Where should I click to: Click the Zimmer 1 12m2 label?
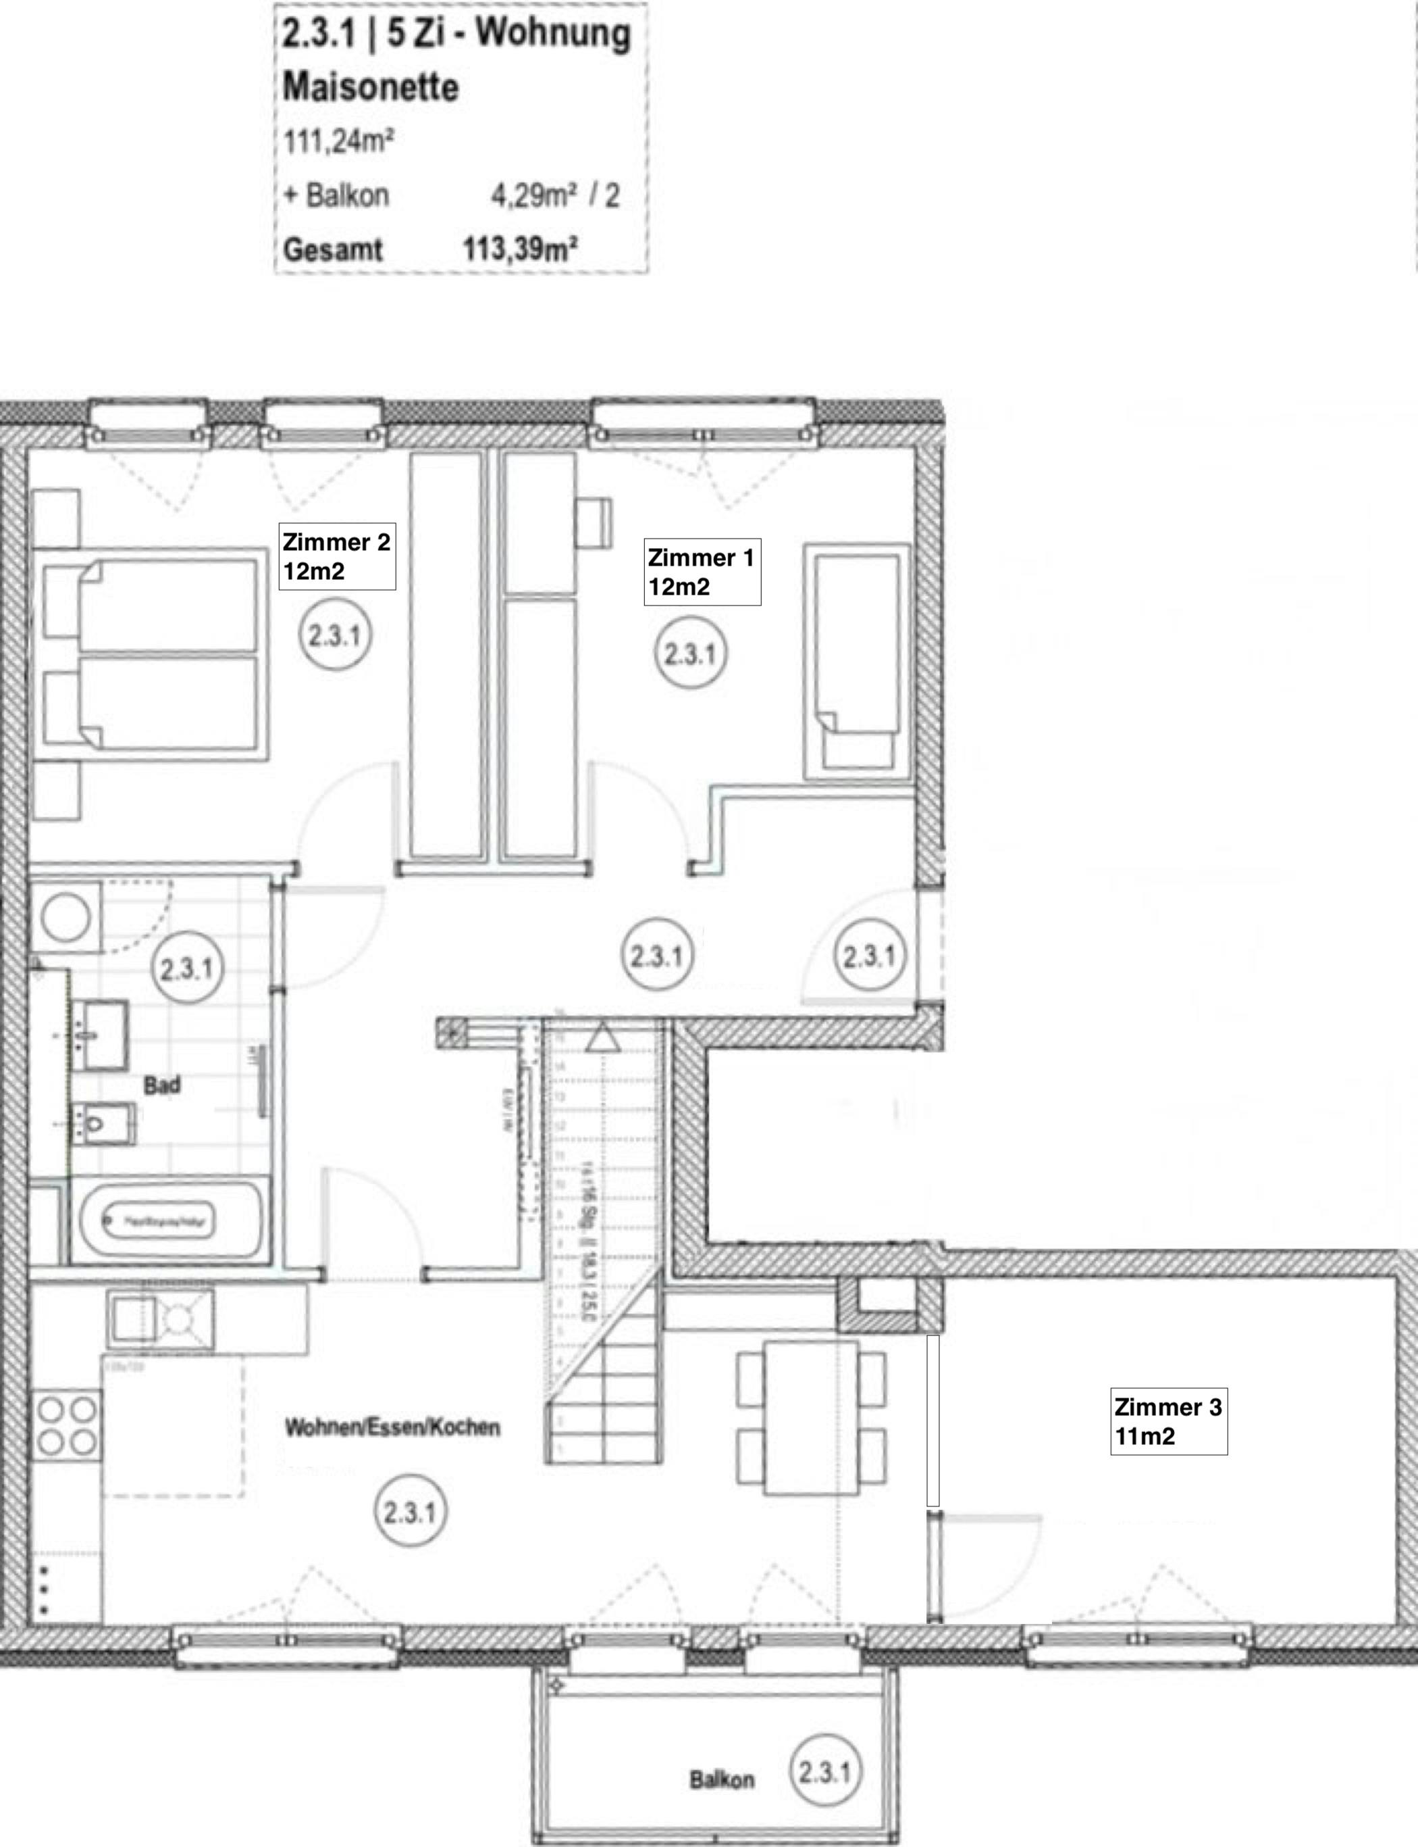pos(702,572)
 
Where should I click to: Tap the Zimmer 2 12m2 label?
pos(337,557)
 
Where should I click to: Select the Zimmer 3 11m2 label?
pos(1167,1421)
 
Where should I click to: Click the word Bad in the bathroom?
pos(161,1085)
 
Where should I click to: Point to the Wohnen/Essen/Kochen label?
pos(392,1427)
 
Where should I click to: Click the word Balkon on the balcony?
pos(722,1779)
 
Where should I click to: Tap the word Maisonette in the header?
pos(371,88)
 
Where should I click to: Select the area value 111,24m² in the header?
pos(338,141)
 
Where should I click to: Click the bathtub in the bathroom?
pos(158,1221)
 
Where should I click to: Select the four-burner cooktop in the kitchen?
pos(67,1427)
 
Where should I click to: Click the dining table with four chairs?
pos(810,1418)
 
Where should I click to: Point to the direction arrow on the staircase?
pos(602,1038)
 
